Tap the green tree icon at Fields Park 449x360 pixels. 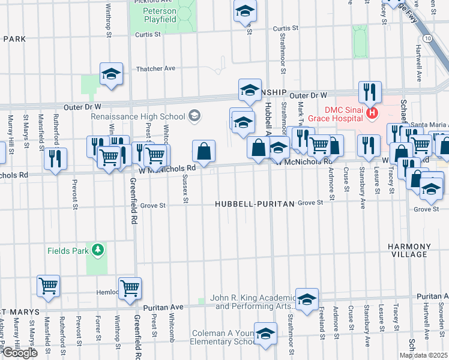[96, 250]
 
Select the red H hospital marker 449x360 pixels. [372, 112]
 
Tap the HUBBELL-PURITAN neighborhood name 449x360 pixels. [255, 204]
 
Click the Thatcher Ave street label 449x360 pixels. [155, 68]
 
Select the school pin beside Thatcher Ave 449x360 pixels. [111, 73]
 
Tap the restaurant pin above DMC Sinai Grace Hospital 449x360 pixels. [370, 91]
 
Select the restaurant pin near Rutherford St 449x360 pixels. [55, 158]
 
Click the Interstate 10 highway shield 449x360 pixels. [426, 38]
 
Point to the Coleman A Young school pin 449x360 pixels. [265, 333]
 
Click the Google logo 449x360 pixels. [20, 353]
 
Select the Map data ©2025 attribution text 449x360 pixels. [423, 355]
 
